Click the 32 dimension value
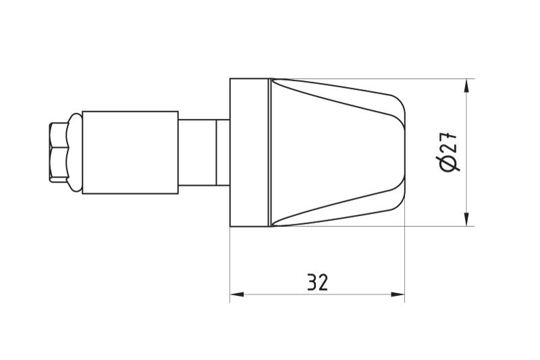pyautogui.click(x=317, y=282)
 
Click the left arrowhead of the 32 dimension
pyautogui.click(x=237, y=294)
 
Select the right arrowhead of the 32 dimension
pyautogui.click(x=398, y=294)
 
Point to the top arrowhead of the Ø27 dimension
pyautogui.click(x=466, y=86)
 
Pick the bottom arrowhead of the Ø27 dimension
pyautogui.click(x=466, y=220)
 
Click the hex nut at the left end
pyautogui.click(x=59, y=152)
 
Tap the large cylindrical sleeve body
pyautogui.click(x=130, y=152)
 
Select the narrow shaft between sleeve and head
pyautogui.click(x=204, y=152)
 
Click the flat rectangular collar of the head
pyautogui.click(x=249, y=152)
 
